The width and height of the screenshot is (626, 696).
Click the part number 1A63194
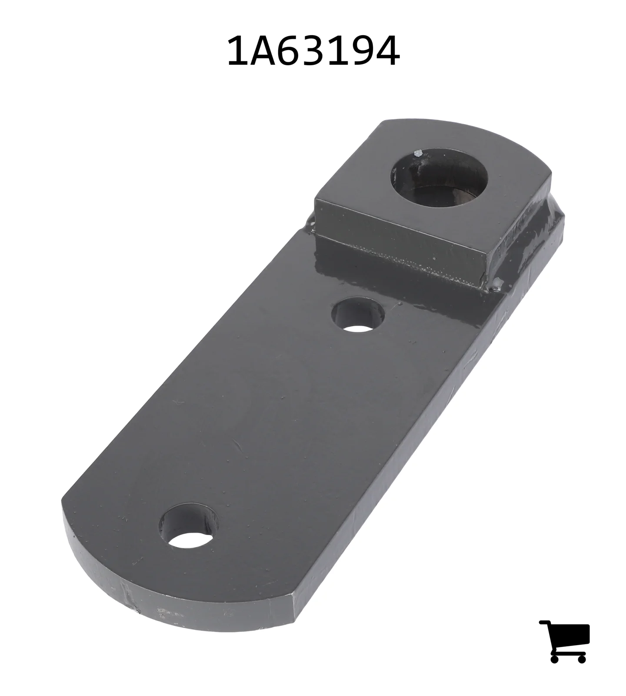click(x=313, y=51)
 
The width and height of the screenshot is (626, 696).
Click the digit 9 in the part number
click(x=363, y=51)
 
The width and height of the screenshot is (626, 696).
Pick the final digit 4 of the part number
click(x=388, y=51)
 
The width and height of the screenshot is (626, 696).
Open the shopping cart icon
click(x=565, y=641)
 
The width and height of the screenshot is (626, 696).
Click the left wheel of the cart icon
click(x=555, y=659)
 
